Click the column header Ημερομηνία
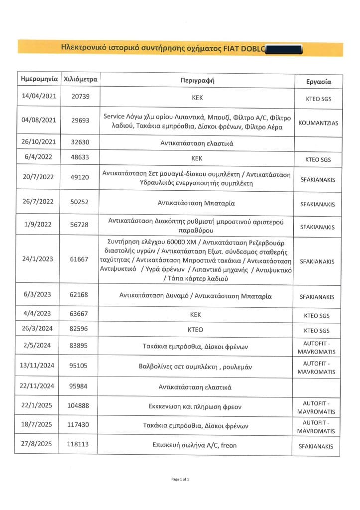click(37, 79)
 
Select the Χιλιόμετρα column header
click(80, 79)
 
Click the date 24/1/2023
click(37, 258)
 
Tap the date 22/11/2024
click(37, 386)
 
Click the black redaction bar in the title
click(284, 48)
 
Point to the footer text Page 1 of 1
click(180, 479)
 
